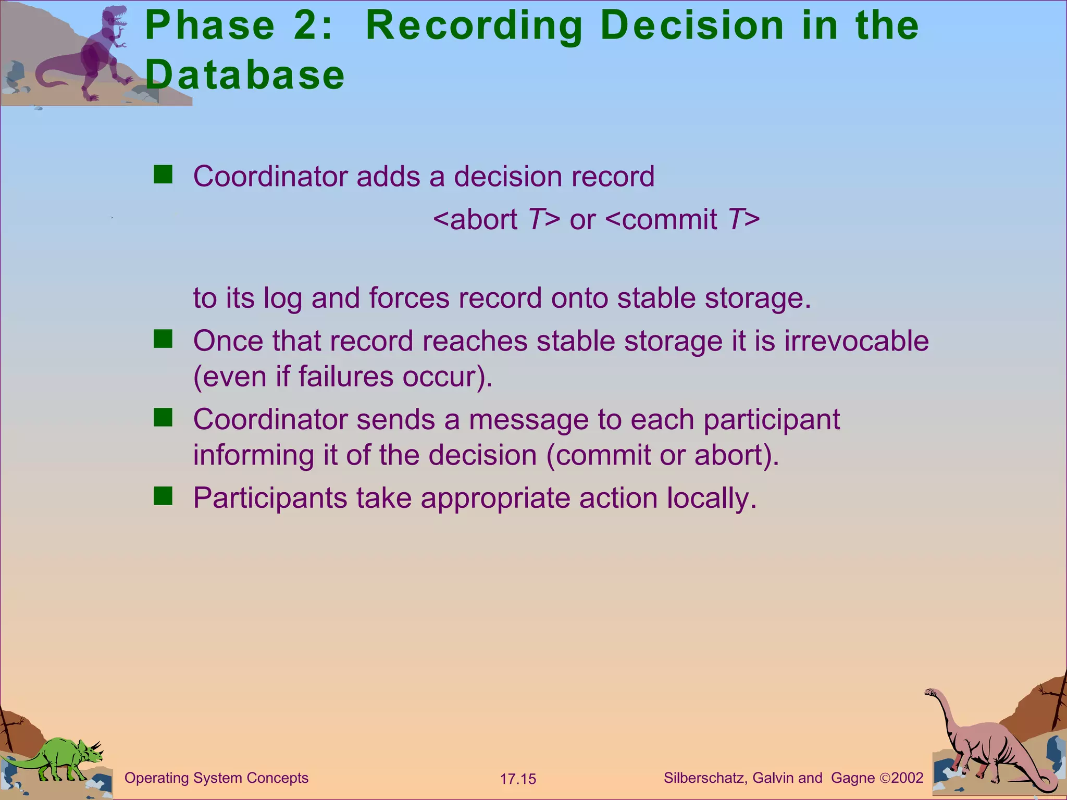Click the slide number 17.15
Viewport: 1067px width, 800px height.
[x=518, y=779]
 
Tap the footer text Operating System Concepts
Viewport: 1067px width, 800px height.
[x=216, y=778]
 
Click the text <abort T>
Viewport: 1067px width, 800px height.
[x=497, y=219]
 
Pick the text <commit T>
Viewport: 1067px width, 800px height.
[x=683, y=219]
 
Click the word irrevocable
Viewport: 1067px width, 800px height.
[x=857, y=341]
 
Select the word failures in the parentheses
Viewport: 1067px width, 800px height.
[x=345, y=377]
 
